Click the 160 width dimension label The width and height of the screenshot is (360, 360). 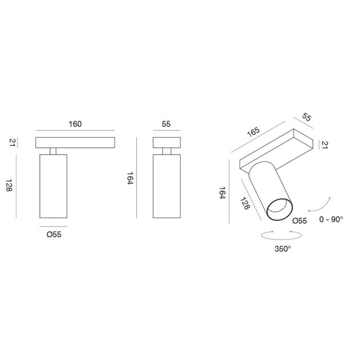(x=75, y=124)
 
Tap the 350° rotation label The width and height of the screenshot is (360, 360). (x=283, y=248)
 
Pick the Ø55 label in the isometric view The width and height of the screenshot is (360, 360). (x=300, y=221)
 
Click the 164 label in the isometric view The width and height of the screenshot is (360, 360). (x=222, y=195)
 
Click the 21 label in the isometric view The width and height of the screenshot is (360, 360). (x=324, y=145)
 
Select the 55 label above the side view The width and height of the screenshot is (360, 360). (x=166, y=124)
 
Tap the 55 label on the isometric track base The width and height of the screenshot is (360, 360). (x=307, y=117)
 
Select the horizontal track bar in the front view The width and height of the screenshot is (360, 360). (x=75, y=142)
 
